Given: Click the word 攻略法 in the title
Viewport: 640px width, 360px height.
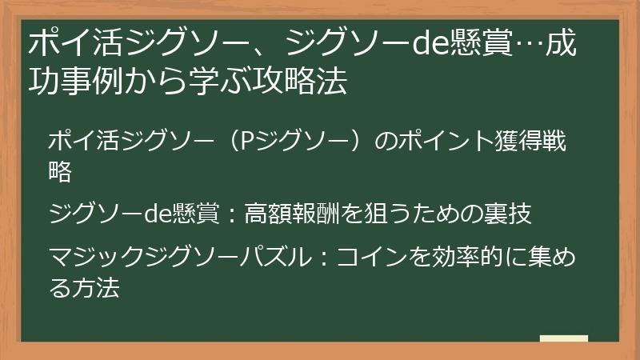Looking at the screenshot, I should [295, 82].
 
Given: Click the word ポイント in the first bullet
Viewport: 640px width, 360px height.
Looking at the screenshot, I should [432, 142].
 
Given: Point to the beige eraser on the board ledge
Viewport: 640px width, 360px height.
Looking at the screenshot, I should [563, 338].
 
